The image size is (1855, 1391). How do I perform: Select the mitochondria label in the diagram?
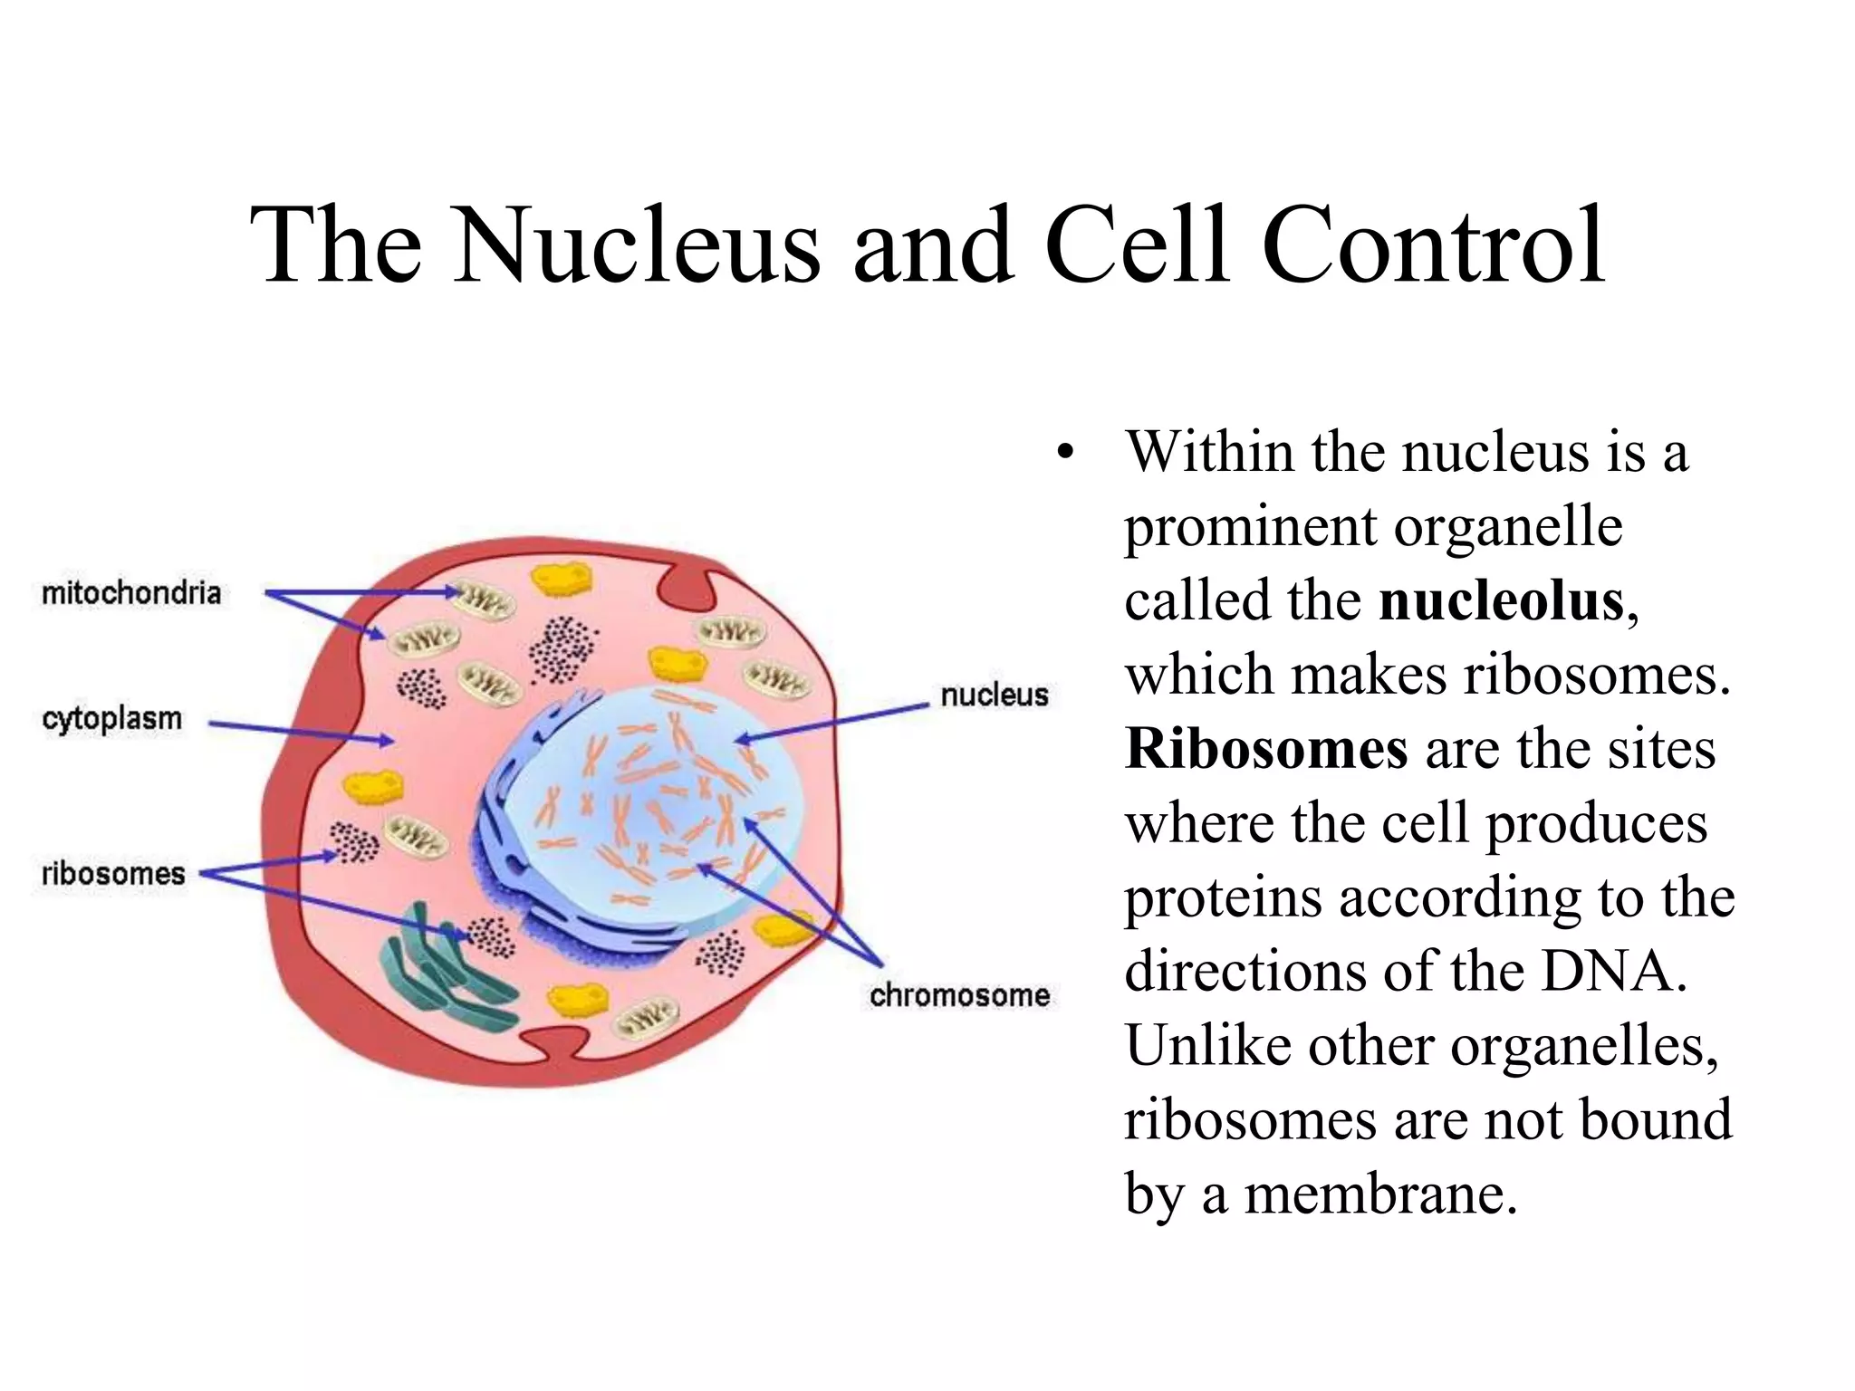click(131, 593)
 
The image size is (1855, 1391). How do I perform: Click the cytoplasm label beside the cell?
click(112, 719)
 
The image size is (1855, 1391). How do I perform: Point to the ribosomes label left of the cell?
click(113, 874)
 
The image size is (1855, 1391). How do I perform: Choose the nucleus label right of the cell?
click(994, 695)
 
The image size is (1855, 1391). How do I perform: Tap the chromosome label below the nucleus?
click(959, 995)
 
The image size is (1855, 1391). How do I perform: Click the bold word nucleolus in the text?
click(1502, 600)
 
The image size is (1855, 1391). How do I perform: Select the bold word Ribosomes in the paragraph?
click(1266, 749)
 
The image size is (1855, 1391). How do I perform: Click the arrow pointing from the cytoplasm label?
click(299, 731)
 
